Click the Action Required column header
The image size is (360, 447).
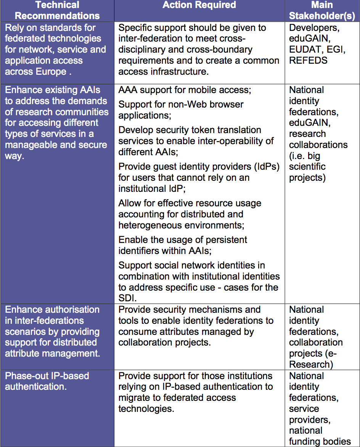pos(199,5)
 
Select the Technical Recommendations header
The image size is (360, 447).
pos(57,11)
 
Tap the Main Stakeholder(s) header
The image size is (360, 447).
pos(322,11)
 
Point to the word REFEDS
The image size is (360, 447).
pos(308,61)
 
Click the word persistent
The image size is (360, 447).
pos(221,240)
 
